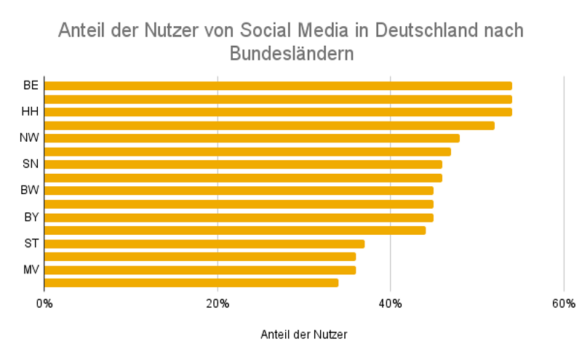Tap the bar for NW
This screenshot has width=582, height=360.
(252, 138)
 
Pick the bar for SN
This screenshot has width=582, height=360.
(243, 164)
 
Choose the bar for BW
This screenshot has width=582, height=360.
(239, 191)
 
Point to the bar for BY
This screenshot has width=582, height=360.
(239, 217)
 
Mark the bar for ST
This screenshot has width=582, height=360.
(204, 244)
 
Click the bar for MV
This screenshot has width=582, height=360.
(200, 270)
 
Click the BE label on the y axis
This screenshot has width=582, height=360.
(31, 86)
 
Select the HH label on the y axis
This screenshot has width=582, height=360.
(31, 112)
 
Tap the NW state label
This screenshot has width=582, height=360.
(30, 138)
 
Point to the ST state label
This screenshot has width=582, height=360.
(31, 244)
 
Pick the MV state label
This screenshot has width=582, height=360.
(31, 270)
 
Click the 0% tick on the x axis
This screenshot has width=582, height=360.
(44, 303)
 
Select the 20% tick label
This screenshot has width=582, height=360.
(218, 303)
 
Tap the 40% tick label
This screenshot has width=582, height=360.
(391, 303)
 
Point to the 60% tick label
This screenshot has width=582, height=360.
(564, 303)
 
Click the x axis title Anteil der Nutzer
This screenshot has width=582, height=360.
(303, 335)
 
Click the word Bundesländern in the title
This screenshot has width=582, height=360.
(291, 54)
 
